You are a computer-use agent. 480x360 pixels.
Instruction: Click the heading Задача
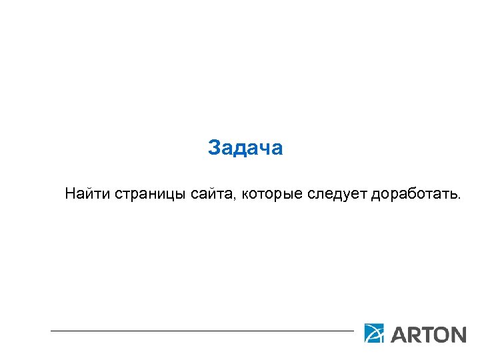click(245, 147)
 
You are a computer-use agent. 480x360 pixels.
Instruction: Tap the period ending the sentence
click(458, 198)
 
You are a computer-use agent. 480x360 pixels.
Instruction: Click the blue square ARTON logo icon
click(374, 333)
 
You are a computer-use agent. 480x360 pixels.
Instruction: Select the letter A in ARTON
click(399, 334)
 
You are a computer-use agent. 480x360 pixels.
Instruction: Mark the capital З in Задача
click(213, 147)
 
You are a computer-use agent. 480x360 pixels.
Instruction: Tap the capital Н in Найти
click(71, 194)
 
